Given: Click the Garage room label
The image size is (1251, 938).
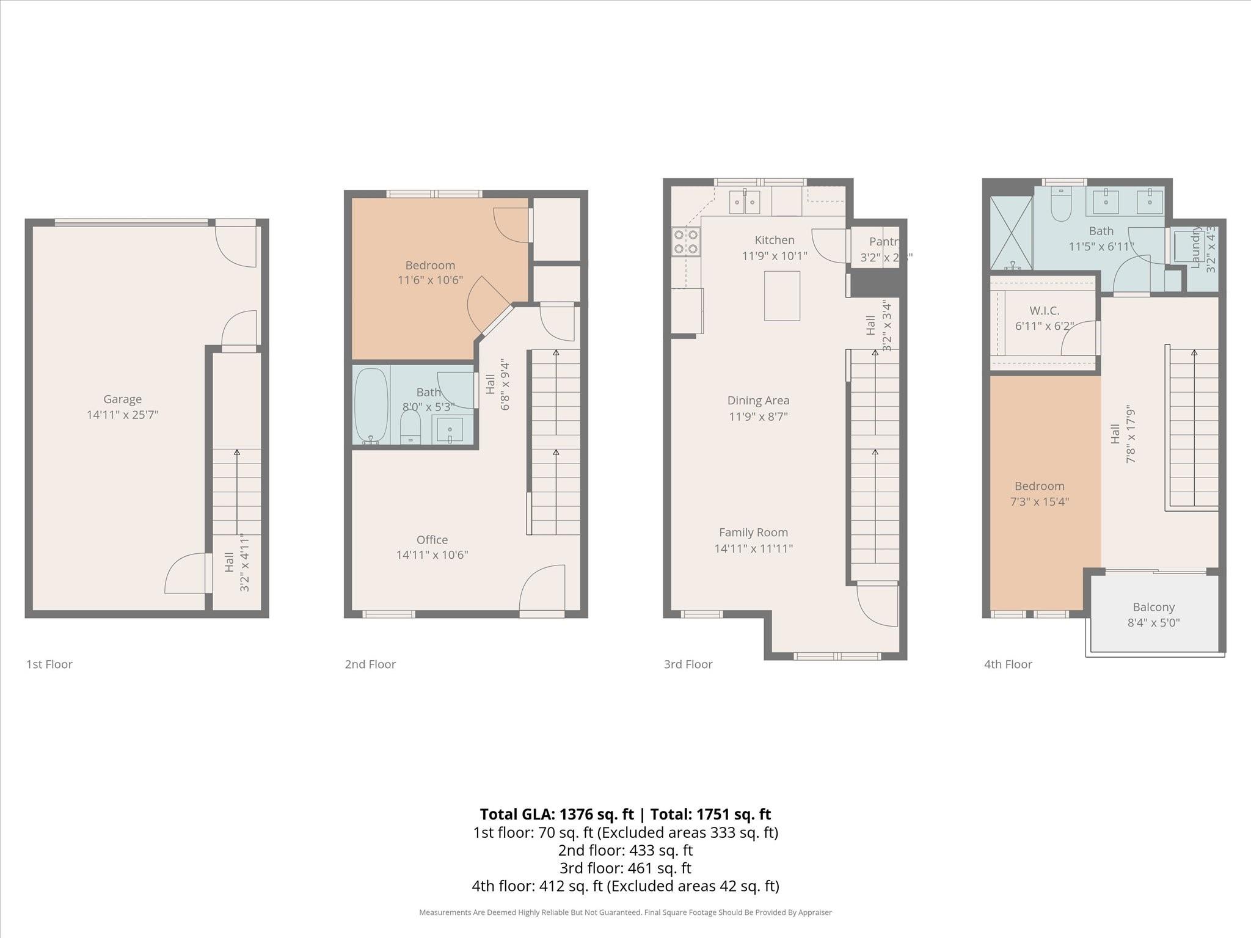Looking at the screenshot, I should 122,399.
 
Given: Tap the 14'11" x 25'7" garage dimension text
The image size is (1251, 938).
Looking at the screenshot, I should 122,415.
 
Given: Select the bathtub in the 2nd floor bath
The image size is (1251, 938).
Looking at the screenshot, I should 371,405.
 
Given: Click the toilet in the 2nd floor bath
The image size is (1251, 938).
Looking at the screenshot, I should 410,427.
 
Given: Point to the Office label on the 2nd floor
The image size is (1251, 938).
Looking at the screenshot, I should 432,540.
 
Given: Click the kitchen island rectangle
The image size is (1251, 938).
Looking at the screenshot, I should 782,296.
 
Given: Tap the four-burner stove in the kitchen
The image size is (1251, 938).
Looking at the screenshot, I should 686,241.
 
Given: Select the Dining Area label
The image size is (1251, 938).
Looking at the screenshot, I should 758,401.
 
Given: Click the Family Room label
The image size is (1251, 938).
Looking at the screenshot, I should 753,533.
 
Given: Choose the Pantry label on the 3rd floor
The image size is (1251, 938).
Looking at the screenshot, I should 884,242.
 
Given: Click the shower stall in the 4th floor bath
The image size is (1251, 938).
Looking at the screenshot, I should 1011,233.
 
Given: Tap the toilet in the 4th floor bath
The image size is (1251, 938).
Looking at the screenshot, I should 1062,205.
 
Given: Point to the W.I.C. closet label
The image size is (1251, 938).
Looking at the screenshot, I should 1045,311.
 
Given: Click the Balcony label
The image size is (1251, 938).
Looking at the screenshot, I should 1153,607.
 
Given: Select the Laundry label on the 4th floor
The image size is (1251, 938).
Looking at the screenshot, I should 1196,247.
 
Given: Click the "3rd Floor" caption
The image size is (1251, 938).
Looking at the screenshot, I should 688,664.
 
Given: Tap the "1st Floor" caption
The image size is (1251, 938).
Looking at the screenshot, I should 49,664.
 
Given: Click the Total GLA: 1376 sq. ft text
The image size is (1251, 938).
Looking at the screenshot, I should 556,814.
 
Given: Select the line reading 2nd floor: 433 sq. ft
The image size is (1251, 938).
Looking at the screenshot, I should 625,850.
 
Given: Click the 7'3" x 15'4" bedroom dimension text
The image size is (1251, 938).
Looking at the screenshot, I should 1039,502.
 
